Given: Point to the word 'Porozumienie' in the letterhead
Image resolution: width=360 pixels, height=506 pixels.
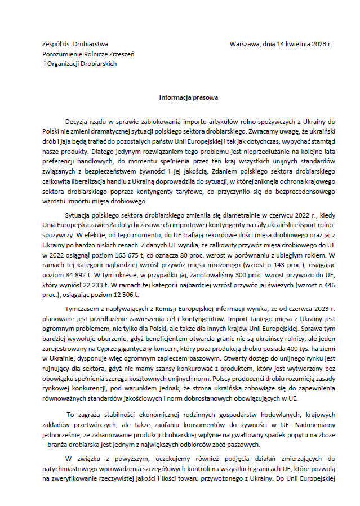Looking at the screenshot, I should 61,54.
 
